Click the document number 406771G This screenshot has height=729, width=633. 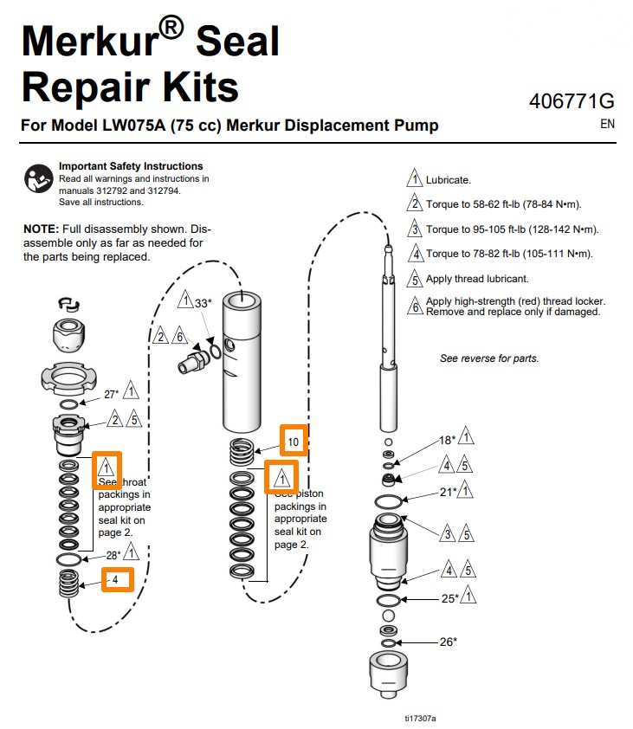pos(572,102)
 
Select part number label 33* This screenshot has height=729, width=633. pos(202,303)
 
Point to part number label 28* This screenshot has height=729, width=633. pos(112,555)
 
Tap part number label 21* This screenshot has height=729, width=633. pos(447,493)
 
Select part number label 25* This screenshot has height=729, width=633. pos(448,597)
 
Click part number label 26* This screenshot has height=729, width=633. pos(448,642)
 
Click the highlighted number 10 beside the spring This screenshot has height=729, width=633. pos(294,442)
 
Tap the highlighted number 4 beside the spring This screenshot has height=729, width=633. pos(117,578)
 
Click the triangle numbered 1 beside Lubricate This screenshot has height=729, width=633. pos(415,179)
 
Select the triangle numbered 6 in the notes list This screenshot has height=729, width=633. pos(415,305)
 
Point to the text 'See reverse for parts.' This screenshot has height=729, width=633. pos(488,358)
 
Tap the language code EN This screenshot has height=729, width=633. pos(607,124)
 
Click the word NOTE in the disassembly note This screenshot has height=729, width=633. pos(39,229)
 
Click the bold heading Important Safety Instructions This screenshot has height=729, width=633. pos(130,166)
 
